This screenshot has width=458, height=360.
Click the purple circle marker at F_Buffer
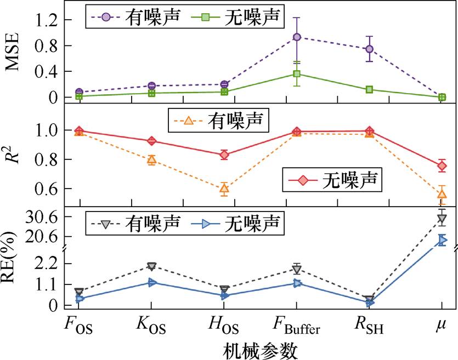coord(297,37)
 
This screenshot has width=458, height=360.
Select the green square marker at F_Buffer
coord(297,74)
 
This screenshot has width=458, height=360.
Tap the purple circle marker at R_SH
coord(369,49)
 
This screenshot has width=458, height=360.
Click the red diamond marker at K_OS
coord(151,141)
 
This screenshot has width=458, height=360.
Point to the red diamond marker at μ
coord(442,165)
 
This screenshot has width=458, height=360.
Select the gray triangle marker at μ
coord(442,219)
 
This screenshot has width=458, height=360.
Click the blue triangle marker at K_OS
coord(151,283)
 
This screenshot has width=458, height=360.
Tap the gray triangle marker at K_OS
coord(151,266)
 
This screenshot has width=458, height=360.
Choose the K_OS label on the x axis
coord(150,328)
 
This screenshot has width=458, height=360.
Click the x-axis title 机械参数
coord(261,349)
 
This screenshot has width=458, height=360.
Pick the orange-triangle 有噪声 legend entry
coord(225,120)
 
